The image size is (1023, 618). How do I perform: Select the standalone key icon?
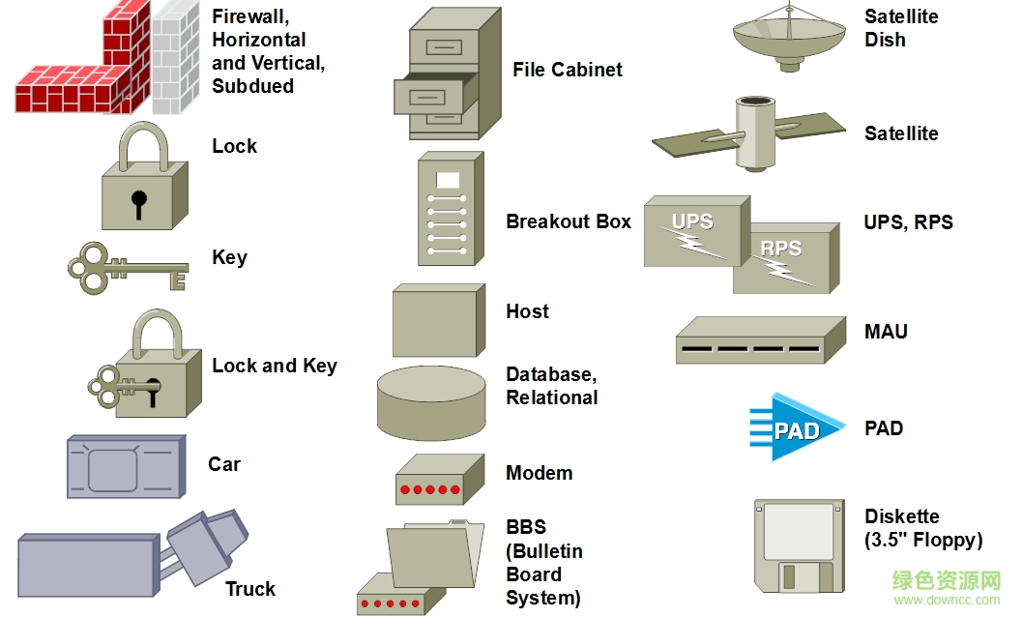125,266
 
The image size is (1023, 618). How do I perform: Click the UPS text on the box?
692,221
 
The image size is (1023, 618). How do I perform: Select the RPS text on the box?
780,249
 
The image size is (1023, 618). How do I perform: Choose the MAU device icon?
749,341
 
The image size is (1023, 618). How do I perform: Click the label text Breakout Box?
569,221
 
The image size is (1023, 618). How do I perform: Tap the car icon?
125,468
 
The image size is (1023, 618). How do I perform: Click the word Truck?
250,589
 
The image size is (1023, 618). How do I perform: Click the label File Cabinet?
568,70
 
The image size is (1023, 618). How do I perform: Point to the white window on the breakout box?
448,180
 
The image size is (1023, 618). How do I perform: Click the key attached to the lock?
122,388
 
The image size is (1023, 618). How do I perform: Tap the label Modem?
540,473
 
